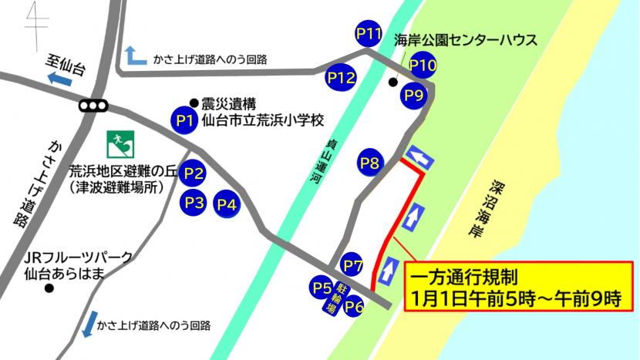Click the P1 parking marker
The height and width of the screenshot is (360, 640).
tap(184, 120)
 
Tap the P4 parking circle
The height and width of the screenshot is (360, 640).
tap(227, 204)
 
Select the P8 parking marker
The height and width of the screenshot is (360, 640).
tap(370, 163)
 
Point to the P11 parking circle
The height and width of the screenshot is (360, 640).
tap(369, 33)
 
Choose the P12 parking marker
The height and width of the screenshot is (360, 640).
tap(340, 77)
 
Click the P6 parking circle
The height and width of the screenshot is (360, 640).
tap(355, 306)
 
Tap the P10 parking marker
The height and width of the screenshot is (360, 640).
tap(423, 65)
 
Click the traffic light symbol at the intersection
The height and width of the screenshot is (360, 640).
tap(94, 106)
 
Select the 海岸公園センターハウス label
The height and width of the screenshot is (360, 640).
tap(465, 40)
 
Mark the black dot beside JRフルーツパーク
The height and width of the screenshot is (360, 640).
tap(49, 289)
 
